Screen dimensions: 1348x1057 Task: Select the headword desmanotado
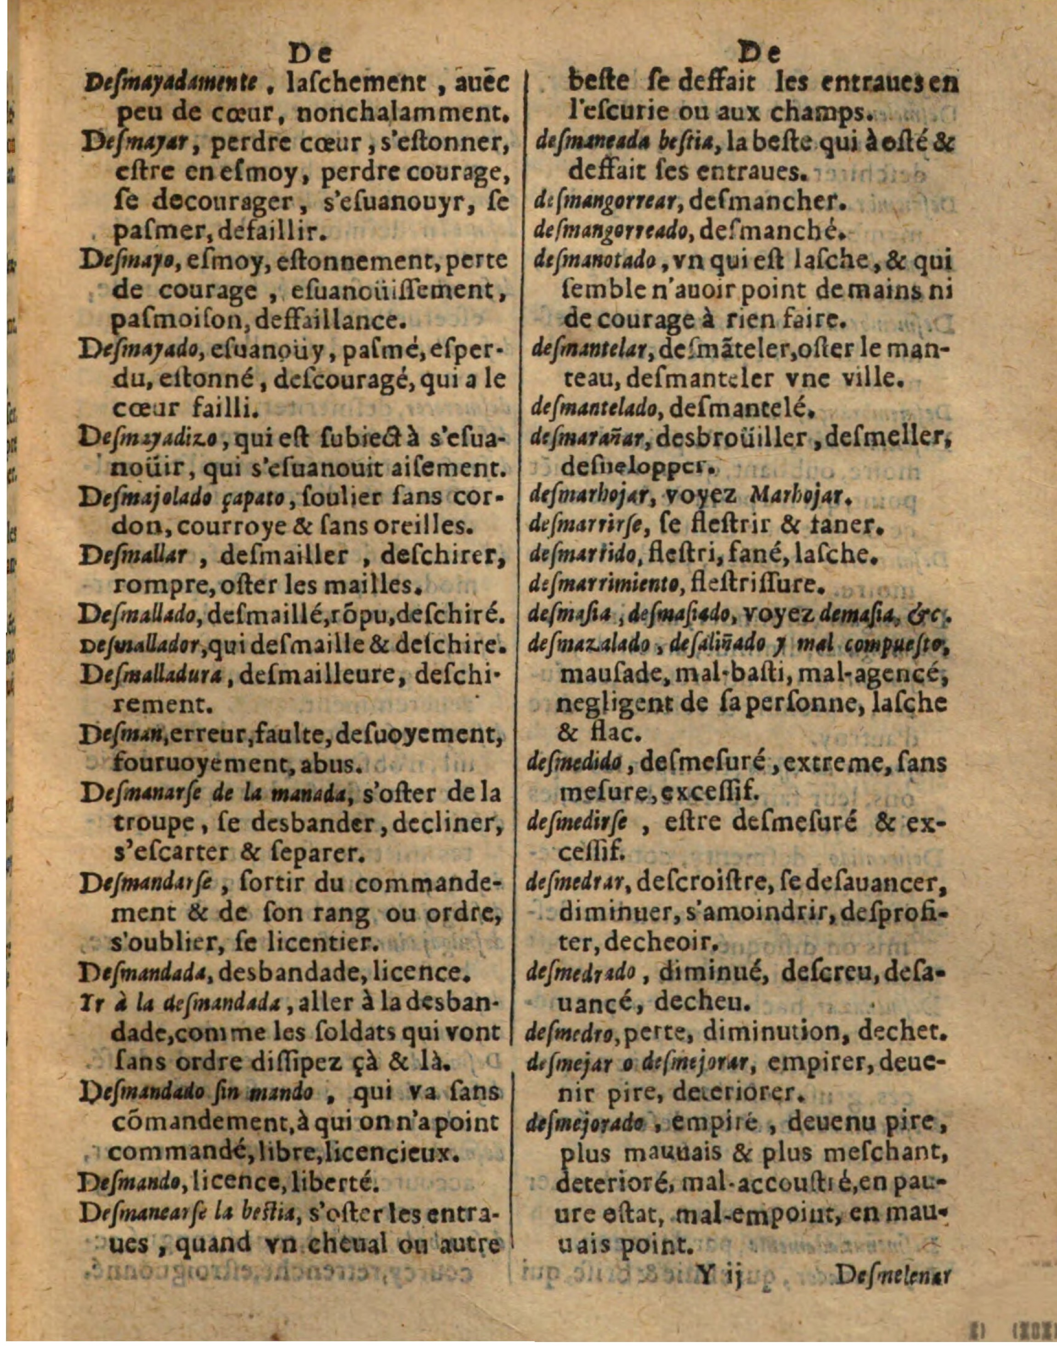(x=590, y=261)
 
